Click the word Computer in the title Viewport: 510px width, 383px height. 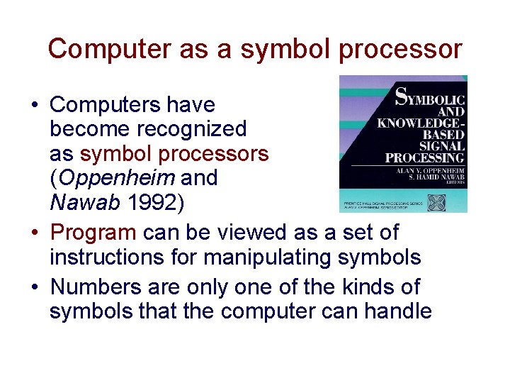(97, 49)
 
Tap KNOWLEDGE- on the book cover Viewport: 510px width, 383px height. (421, 123)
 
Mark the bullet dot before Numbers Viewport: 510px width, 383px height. (34, 287)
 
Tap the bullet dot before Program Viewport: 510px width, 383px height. (34, 233)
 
